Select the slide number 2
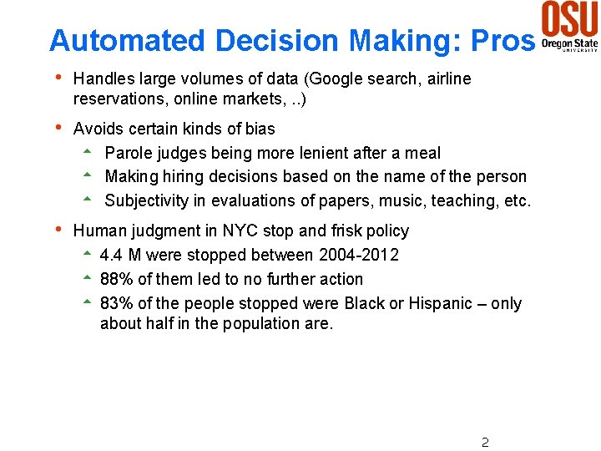(x=485, y=442)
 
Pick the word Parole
(x=129, y=153)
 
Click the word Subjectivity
(x=154, y=200)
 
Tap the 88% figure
(x=116, y=279)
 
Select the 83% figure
(x=116, y=303)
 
